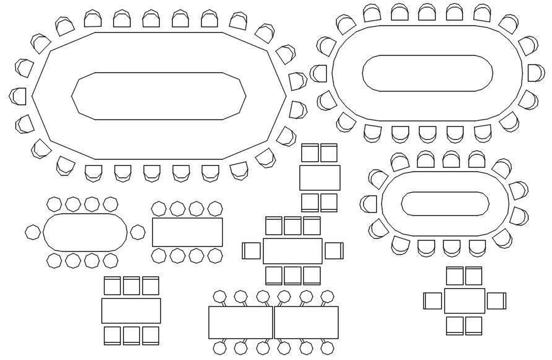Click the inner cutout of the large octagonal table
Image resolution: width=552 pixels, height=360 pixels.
coord(159,95)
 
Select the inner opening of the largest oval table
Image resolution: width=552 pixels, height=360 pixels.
coord(427,73)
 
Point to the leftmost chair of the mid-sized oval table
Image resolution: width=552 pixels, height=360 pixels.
coord(369,203)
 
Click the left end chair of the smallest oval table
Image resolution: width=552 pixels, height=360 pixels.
coord(32,232)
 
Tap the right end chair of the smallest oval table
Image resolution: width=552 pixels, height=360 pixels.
coord(137,232)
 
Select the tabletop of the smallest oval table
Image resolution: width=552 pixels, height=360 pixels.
coord(85,232)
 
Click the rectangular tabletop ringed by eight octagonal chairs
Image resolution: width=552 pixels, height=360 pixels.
coord(188,232)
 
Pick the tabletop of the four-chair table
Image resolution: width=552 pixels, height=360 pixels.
coord(320,178)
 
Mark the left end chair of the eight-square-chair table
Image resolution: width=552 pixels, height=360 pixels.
coord(252,251)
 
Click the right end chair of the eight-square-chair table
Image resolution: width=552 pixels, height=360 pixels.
coord(334,251)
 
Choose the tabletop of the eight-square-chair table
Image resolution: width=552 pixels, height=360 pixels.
coord(293,251)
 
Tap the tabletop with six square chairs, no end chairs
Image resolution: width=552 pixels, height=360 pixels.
coord(131,311)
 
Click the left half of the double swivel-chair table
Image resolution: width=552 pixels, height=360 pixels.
coord(241,322)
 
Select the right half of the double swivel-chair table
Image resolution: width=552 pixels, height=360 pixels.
coord(306,322)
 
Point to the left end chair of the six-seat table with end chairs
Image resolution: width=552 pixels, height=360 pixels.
coord(433,301)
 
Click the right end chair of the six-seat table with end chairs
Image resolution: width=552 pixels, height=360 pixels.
coord(496,301)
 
